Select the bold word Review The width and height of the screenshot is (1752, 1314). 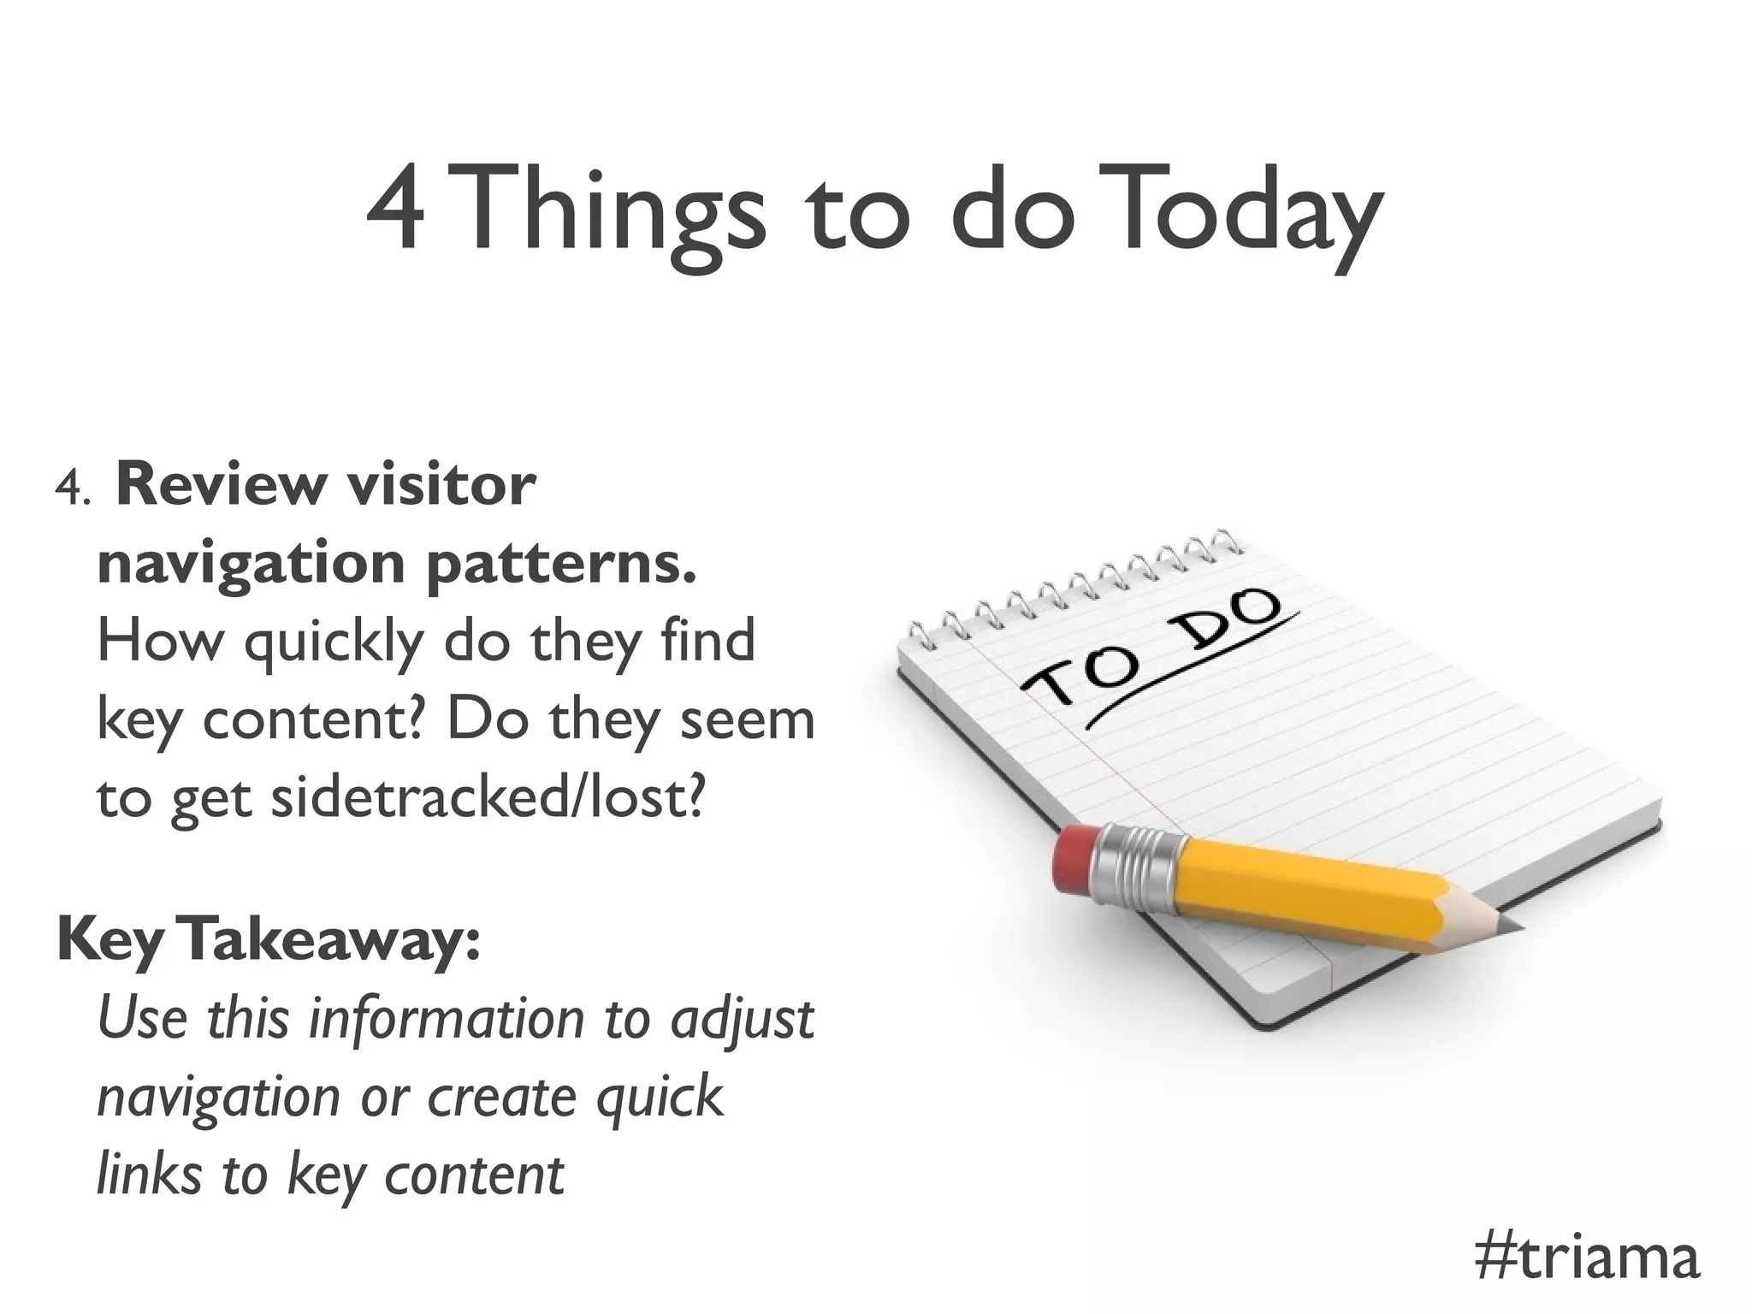[221, 485]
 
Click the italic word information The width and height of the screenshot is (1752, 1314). [444, 1019]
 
